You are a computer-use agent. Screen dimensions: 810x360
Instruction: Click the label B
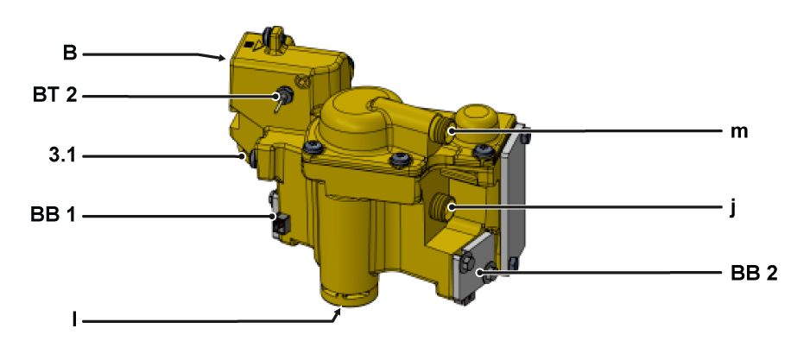coord(70,54)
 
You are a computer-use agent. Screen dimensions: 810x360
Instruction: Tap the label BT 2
coord(54,96)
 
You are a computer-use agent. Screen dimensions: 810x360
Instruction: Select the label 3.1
coord(61,155)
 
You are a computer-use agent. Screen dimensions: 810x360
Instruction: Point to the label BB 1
coord(54,214)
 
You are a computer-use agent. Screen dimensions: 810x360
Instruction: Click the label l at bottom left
coord(74,321)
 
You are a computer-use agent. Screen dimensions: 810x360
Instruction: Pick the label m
coord(739,132)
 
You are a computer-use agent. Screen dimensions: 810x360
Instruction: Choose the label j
coord(732,209)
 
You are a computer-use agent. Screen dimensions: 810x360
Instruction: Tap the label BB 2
coord(754,273)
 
